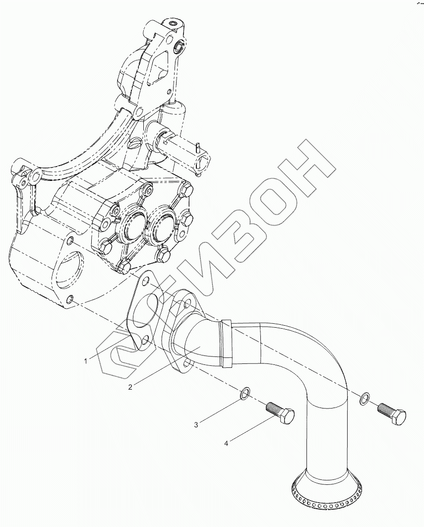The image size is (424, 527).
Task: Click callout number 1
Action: click(x=85, y=361)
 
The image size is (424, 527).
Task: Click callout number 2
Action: click(x=130, y=387)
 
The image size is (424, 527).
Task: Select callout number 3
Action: click(x=196, y=424)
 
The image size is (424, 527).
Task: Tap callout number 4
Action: click(x=226, y=443)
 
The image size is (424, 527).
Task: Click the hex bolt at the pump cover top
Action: click(x=187, y=189)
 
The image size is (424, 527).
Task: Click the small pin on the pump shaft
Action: click(x=197, y=147)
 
